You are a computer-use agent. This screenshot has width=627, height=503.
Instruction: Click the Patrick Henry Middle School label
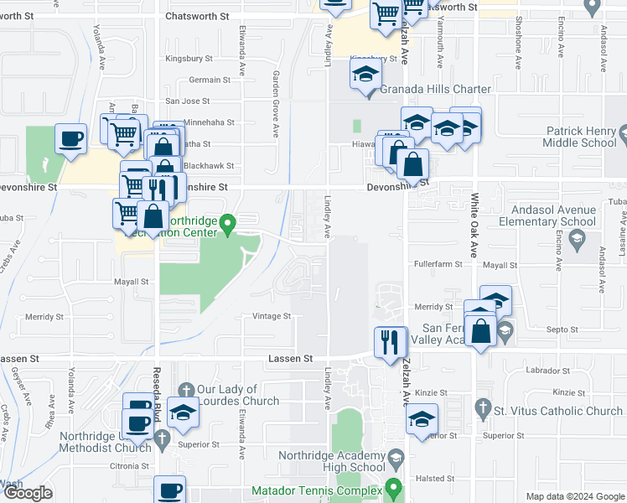click(581, 137)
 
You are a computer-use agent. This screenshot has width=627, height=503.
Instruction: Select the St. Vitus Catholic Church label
click(558, 411)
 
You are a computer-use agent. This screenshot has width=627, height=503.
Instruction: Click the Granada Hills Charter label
click(436, 89)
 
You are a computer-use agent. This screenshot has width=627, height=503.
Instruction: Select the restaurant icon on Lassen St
click(388, 342)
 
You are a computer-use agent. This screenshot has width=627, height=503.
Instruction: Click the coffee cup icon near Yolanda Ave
click(71, 137)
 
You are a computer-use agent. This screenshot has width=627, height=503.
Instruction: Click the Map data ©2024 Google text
click(574, 496)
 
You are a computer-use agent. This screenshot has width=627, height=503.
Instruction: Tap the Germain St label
click(210, 80)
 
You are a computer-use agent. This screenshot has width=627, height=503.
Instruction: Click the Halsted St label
click(436, 479)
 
